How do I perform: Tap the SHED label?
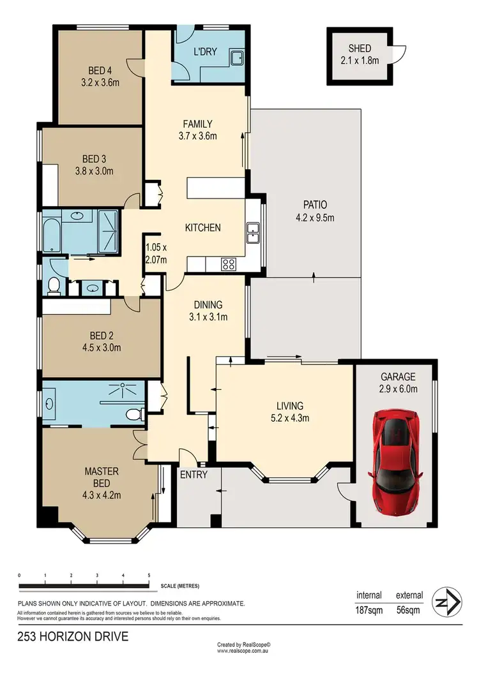(x=359, y=48)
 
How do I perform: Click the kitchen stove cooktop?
(x=228, y=264)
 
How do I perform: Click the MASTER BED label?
(x=103, y=472)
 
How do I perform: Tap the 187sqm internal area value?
(x=369, y=609)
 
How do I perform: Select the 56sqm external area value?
(x=409, y=609)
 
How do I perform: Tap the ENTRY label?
(x=193, y=475)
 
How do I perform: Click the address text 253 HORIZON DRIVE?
(x=73, y=636)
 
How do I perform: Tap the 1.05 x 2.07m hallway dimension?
(x=156, y=254)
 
